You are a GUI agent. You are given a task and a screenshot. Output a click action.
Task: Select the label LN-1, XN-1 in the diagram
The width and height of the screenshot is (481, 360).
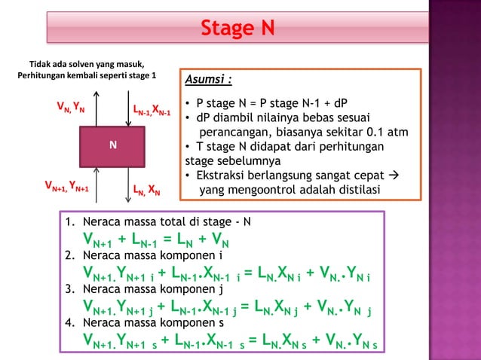point(153,111)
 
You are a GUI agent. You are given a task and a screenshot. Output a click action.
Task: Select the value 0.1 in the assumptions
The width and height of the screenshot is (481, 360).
point(371,132)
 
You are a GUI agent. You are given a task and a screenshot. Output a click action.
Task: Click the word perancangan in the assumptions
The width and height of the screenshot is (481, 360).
point(238,132)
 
